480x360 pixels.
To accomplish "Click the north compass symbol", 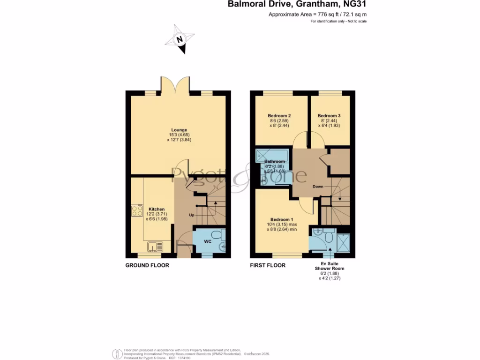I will click(180, 40).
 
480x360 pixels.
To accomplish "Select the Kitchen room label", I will click(157, 209).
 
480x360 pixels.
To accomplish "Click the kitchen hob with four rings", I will click(137, 210).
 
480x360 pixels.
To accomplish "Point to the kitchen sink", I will click(154, 246).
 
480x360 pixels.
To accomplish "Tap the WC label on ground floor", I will click(208, 242).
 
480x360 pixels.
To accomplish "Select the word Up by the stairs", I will click(192, 215).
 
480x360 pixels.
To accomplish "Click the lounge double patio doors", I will click(176, 85).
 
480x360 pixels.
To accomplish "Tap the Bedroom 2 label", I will click(279, 116).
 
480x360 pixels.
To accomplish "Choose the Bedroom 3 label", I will click(329, 116).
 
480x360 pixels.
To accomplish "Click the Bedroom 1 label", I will click(282, 219).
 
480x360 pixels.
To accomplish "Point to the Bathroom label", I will click(274, 162).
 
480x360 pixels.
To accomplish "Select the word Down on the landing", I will click(318, 186).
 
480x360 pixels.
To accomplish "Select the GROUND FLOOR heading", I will click(147, 265).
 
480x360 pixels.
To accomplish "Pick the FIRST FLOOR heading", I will click(267, 265).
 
